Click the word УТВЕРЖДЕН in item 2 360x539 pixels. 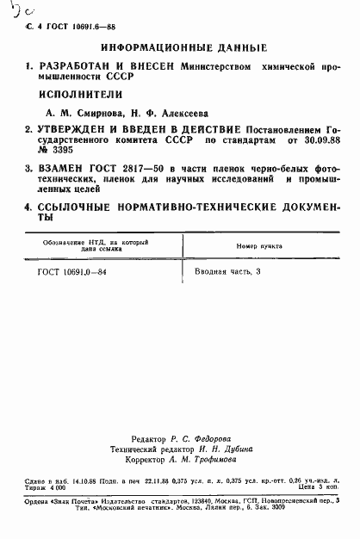coord(72,129)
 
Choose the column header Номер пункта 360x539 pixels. coord(260,246)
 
